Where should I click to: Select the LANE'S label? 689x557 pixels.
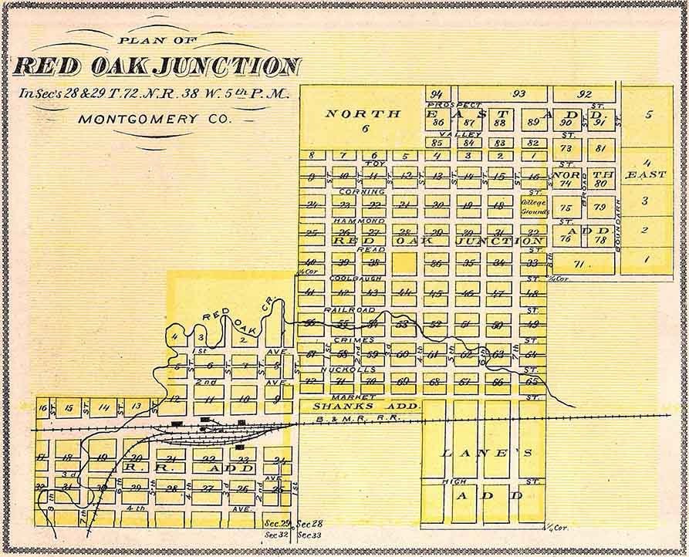(486, 454)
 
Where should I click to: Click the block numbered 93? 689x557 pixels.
(518, 94)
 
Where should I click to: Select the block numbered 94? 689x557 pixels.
(437, 94)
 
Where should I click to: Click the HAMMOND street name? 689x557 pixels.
(358, 221)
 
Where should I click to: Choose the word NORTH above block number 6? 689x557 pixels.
(363, 113)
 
